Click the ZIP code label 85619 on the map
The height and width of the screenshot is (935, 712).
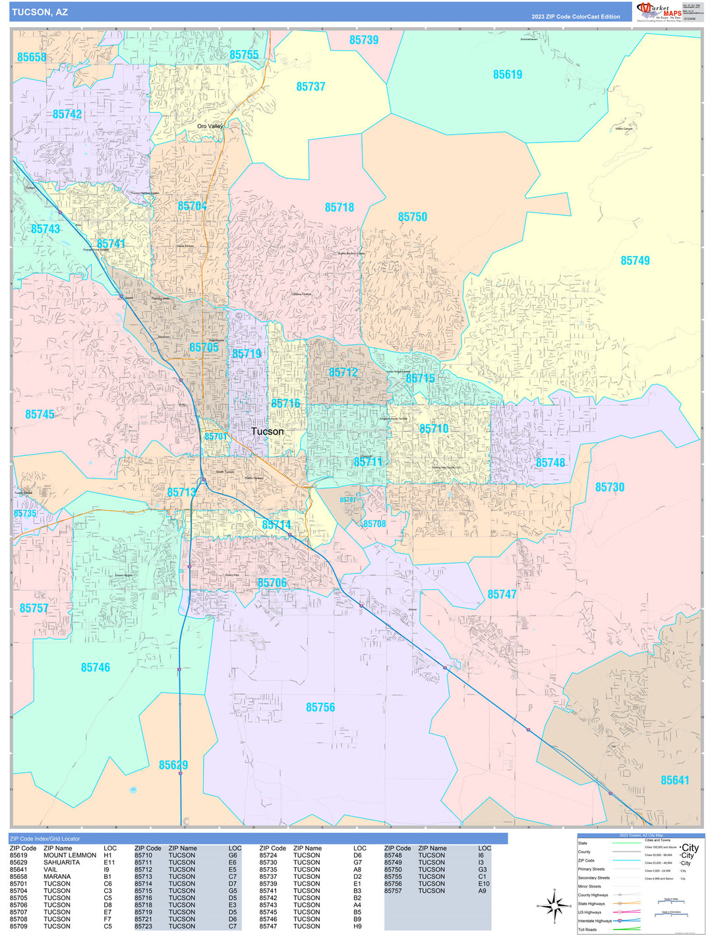click(508, 75)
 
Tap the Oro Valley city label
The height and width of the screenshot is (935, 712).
click(210, 126)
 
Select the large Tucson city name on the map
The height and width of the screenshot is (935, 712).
click(267, 432)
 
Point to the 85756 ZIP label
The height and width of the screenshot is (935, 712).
click(320, 707)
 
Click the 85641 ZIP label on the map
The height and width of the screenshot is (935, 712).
click(674, 780)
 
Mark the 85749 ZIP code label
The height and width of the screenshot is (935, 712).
click(635, 261)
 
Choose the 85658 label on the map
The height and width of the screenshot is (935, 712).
click(32, 57)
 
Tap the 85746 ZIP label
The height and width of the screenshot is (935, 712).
click(96, 668)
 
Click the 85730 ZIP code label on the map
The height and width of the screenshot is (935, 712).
click(609, 487)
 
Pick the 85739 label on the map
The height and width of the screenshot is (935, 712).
click(364, 40)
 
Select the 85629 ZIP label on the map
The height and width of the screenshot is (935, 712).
click(173, 765)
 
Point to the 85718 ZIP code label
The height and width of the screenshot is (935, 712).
click(340, 207)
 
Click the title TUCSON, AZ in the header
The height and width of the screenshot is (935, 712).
click(40, 13)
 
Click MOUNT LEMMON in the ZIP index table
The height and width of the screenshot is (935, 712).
click(70, 855)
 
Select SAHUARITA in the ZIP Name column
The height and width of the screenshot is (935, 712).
click(61, 862)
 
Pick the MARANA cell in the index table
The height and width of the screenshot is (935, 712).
click(57, 877)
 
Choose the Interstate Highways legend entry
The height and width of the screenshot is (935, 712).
click(595, 920)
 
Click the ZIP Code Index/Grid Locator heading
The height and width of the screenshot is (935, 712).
click(44, 839)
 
